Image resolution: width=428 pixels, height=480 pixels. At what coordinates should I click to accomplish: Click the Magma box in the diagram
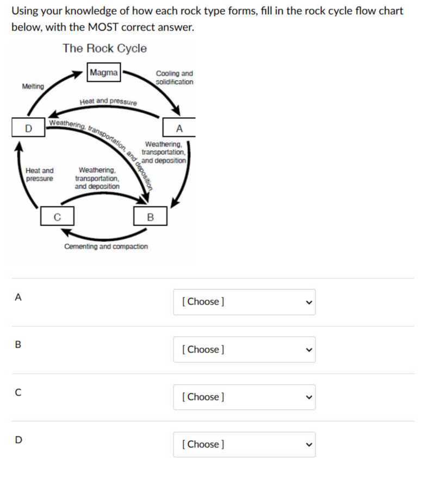coord(103,72)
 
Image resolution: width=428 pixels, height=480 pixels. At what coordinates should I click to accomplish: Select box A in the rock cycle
coord(179,129)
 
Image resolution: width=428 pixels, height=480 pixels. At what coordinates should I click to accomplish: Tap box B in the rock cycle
coord(150,217)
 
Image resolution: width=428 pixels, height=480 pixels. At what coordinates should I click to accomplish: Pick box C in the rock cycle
coord(57,217)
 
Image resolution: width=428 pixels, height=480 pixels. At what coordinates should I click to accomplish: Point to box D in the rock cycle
coord(28,129)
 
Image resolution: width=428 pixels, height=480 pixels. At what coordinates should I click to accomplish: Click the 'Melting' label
coord(33,87)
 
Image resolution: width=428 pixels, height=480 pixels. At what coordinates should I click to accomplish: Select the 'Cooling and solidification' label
coord(174,77)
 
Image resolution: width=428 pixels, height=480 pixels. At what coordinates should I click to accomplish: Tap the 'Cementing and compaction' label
coord(106,247)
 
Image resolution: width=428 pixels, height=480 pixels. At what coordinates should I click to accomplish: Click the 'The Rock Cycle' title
coord(104,48)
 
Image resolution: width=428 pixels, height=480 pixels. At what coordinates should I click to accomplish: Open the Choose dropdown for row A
coord(244,302)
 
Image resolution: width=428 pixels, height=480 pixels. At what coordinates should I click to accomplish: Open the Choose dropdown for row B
coord(244,349)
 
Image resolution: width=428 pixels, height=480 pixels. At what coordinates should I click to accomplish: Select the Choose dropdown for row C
coord(244,397)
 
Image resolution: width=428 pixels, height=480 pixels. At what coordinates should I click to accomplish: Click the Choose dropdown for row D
coord(244,444)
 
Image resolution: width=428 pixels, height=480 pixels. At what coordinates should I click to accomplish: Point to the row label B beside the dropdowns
coord(18,345)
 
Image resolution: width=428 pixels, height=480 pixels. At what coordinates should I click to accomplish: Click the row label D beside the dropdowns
coord(18,440)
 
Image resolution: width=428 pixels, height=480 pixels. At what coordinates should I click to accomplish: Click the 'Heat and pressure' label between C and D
coord(40,174)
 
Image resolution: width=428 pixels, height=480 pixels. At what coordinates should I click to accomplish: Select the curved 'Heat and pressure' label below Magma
coord(108,101)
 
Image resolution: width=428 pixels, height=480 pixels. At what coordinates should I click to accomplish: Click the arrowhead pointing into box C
coord(65,233)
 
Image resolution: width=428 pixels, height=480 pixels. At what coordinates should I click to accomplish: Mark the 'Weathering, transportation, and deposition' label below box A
coord(164,153)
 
